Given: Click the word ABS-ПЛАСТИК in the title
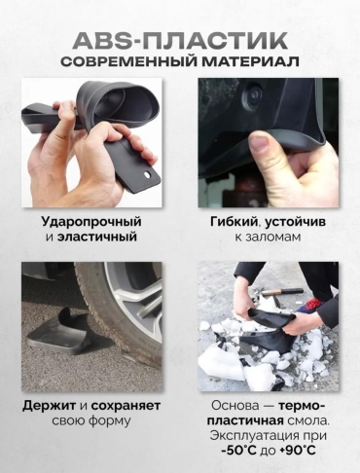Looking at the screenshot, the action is click(180, 41).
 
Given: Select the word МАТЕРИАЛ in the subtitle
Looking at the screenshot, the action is click(251, 62).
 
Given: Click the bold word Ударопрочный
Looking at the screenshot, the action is click(91, 223).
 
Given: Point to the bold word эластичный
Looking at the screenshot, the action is click(97, 236).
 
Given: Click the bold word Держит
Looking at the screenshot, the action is click(50, 406).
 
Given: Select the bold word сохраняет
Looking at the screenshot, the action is click(126, 407).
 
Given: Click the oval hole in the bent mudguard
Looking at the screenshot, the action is click(148, 175).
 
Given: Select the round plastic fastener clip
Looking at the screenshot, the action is click(252, 94).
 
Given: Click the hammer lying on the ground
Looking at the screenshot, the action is click(282, 291).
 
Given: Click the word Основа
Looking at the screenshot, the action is click(231, 406).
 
